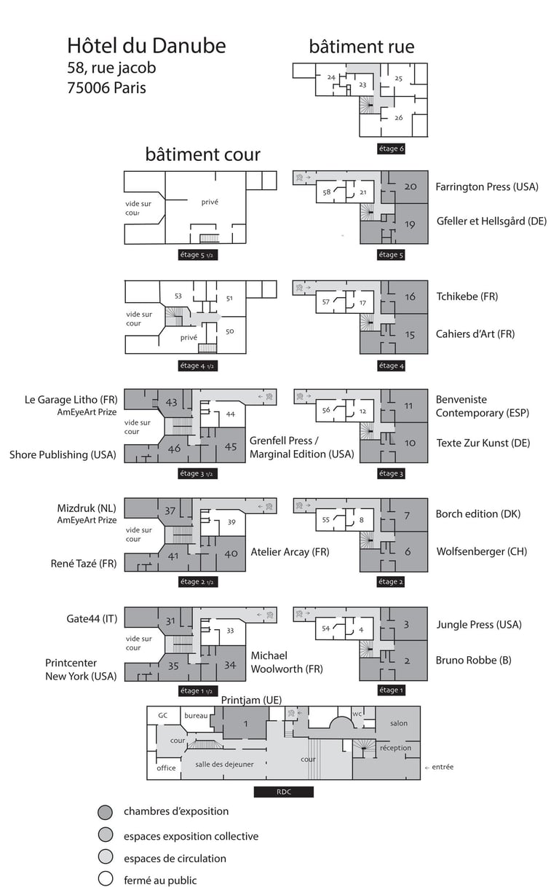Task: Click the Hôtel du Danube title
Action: pyautogui.click(x=146, y=47)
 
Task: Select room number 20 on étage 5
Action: pyautogui.click(x=411, y=187)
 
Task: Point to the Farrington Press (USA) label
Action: pyautogui.click(x=487, y=187)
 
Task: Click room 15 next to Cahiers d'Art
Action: pyautogui.click(x=410, y=335)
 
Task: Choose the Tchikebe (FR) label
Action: pyautogui.click(x=467, y=296)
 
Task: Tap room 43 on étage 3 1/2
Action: pyautogui.click(x=172, y=402)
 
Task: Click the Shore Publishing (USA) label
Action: pyautogui.click(x=63, y=455)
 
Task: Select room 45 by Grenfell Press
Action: pyautogui.click(x=231, y=447)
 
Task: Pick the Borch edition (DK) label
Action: pyautogui.click(x=478, y=514)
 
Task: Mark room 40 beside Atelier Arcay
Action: pyautogui.click(x=231, y=554)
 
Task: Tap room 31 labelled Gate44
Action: pyautogui.click(x=170, y=621)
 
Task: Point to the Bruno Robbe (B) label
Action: pyautogui.click(x=473, y=661)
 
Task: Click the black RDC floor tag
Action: pyautogui.click(x=283, y=792)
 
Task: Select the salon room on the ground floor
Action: pyautogui.click(x=398, y=723)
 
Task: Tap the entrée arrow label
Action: pyautogui.click(x=439, y=767)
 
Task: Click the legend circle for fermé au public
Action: pyautogui.click(x=106, y=879)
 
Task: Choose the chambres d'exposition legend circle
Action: pyautogui.click(x=106, y=812)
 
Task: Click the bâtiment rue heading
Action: pyautogui.click(x=362, y=47)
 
